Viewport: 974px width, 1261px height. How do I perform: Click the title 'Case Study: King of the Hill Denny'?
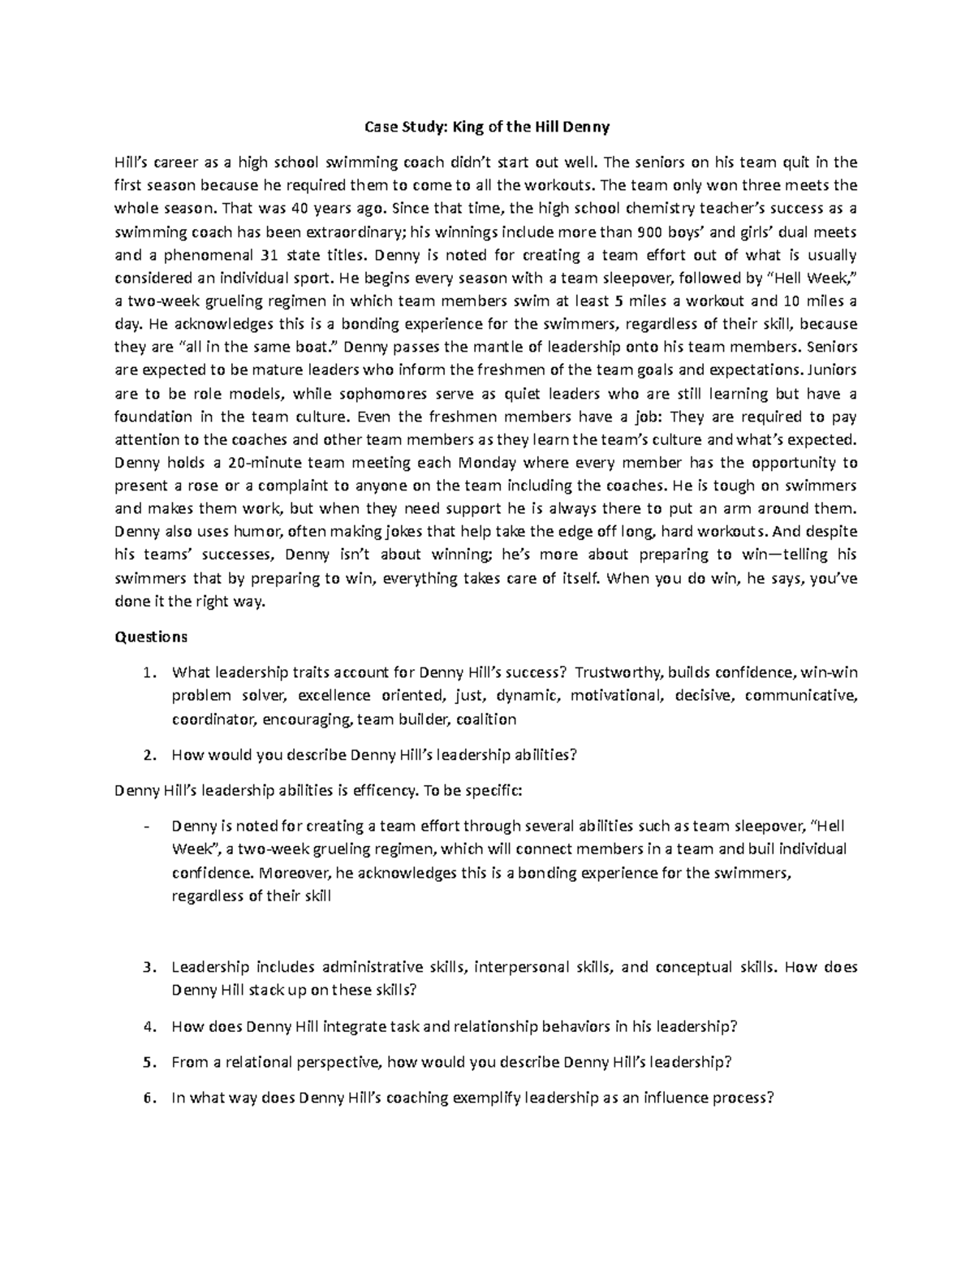(486, 127)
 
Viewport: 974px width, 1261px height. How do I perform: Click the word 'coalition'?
(486, 719)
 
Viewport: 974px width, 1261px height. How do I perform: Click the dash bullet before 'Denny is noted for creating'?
(146, 827)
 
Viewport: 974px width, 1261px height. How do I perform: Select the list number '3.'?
(148, 967)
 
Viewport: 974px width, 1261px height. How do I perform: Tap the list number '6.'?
(148, 1098)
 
